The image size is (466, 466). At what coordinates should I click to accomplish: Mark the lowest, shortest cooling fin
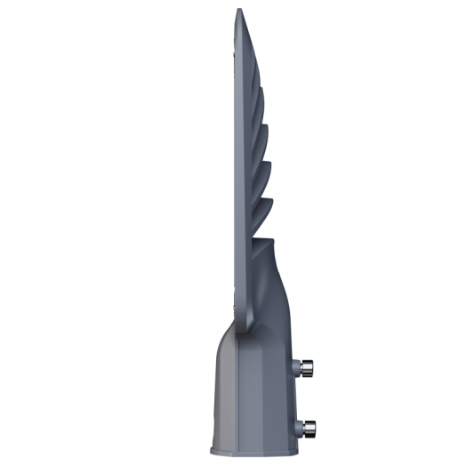(x=268, y=213)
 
